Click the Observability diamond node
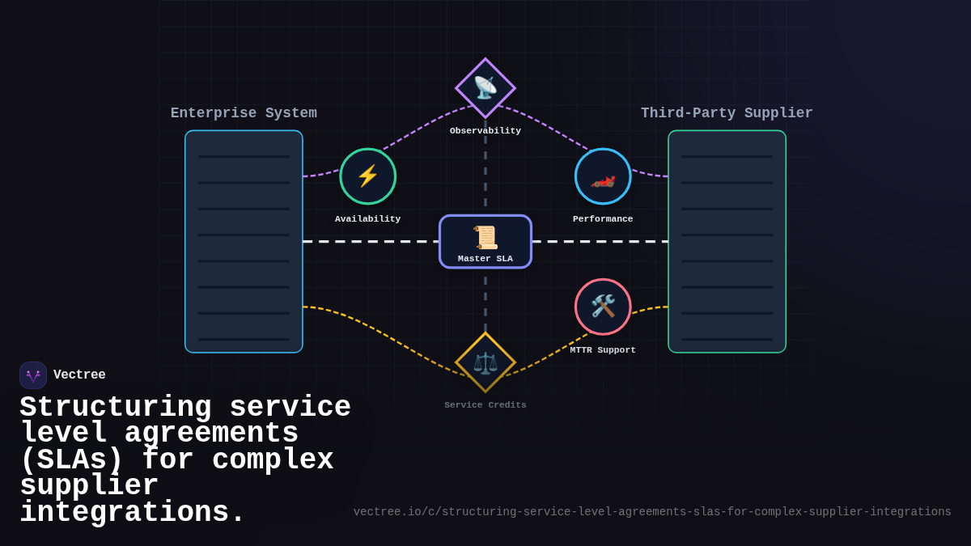pos(485,87)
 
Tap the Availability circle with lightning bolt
pos(368,176)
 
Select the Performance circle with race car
pos(603,176)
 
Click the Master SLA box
pos(485,241)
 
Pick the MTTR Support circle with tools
pos(603,307)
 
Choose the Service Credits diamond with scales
pos(485,362)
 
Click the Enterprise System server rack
pos(244,241)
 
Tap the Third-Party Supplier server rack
pos(727,241)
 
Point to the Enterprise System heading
pos(244,113)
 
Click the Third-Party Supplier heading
pos(727,113)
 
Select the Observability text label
pos(485,131)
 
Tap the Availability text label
pos(368,219)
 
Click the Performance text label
pos(603,219)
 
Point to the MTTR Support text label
pos(603,350)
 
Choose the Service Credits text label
pos(485,405)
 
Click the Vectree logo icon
pos(33,375)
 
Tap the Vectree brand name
pos(79,375)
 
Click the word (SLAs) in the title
pos(71,460)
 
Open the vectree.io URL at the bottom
pos(652,512)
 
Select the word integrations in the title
pos(132,513)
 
